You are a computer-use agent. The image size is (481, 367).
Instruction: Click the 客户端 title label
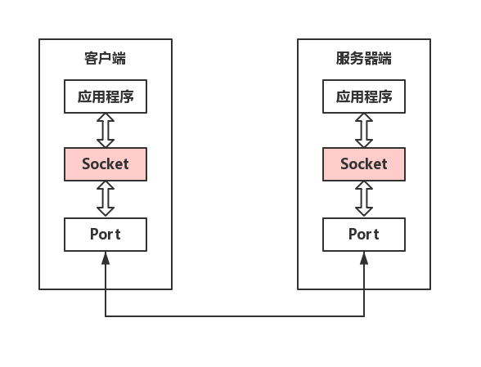[106, 58]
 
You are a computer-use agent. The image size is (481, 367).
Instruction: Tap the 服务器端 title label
[364, 58]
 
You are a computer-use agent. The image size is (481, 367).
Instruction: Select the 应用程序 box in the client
[106, 96]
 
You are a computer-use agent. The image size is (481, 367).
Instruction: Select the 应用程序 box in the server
[364, 96]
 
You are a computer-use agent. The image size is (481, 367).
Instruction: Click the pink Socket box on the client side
[106, 164]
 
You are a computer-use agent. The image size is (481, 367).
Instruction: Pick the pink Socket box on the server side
[364, 164]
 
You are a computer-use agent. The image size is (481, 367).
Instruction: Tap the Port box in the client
[106, 235]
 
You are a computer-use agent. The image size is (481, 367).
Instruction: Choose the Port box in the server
[364, 235]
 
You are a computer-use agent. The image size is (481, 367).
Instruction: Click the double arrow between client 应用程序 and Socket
[106, 130]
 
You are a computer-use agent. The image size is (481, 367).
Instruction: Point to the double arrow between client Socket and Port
[106, 199]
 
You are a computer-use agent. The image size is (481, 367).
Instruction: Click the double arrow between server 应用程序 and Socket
[364, 130]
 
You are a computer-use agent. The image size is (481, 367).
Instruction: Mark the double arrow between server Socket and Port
[364, 199]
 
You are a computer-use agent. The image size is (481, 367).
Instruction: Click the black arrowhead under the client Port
[106, 258]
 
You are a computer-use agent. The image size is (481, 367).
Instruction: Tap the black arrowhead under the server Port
[364, 258]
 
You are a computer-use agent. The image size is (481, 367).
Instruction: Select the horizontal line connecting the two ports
[235, 316]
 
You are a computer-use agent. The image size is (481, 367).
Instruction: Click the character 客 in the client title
[91, 58]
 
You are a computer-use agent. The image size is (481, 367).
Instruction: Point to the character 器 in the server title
[371, 58]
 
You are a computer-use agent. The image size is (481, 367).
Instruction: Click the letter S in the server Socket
[345, 164]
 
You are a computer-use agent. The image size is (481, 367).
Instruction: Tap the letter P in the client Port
[95, 235]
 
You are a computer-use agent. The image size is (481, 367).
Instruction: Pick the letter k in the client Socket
[112, 163]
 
